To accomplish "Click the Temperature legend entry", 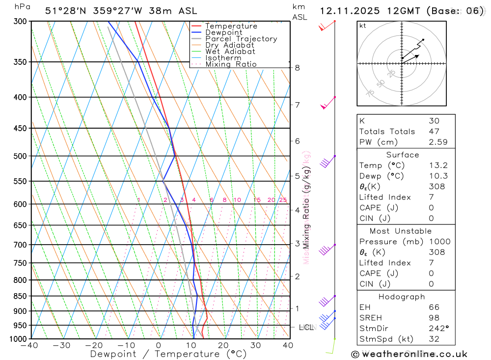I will (x=231, y=26).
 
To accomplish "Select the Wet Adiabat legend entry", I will (x=230, y=52).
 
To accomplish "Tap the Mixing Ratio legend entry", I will (x=231, y=64).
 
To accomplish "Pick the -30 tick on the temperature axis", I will (x=62, y=345).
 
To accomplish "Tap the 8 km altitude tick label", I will (x=297, y=68).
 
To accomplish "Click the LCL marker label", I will (x=306, y=327).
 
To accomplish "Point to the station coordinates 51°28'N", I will (x=65, y=11).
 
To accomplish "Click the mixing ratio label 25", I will (x=283, y=200).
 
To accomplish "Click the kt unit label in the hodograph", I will (x=363, y=26).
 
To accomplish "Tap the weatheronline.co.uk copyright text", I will (x=409, y=354).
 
